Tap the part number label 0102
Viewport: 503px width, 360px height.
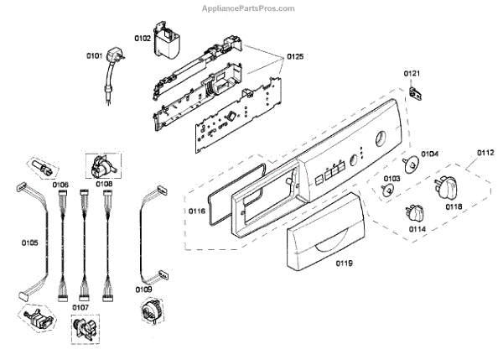(x=143, y=38)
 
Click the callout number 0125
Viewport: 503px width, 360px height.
(x=294, y=56)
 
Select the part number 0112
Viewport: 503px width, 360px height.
(x=485, y=152)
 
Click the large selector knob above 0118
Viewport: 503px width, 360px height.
(x=443, y=185)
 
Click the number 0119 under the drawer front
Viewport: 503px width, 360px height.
(x=345, y=263)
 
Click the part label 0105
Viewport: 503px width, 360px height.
(x=29, y=243)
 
